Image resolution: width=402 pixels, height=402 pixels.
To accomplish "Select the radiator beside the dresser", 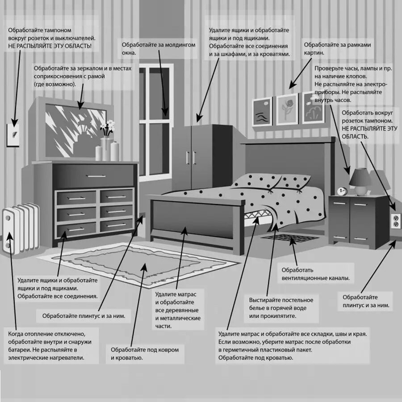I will tap(21, 228).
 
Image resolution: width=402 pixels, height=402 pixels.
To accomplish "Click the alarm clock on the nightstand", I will tap(342, 191).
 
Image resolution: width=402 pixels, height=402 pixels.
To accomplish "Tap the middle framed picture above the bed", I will tap(286, 109).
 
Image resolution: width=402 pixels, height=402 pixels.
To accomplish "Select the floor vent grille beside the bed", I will tap(290, 238).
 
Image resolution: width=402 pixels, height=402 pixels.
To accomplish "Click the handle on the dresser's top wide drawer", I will tap(96, 176).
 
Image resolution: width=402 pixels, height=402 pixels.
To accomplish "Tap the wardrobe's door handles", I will tap(191, 158).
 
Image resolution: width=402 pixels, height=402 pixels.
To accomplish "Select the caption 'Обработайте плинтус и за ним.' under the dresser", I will tap(84, 316).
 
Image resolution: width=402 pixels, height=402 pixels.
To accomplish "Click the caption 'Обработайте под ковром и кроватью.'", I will tap(145, 354).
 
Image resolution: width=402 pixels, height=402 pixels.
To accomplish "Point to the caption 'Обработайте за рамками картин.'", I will tap(337, 49).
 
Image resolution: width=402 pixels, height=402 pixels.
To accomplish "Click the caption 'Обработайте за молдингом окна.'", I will tap(159, 49).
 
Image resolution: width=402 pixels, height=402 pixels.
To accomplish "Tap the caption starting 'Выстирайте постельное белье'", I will tap(281, 308).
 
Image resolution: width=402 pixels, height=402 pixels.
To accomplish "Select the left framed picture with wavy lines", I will tap(262, 112).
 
